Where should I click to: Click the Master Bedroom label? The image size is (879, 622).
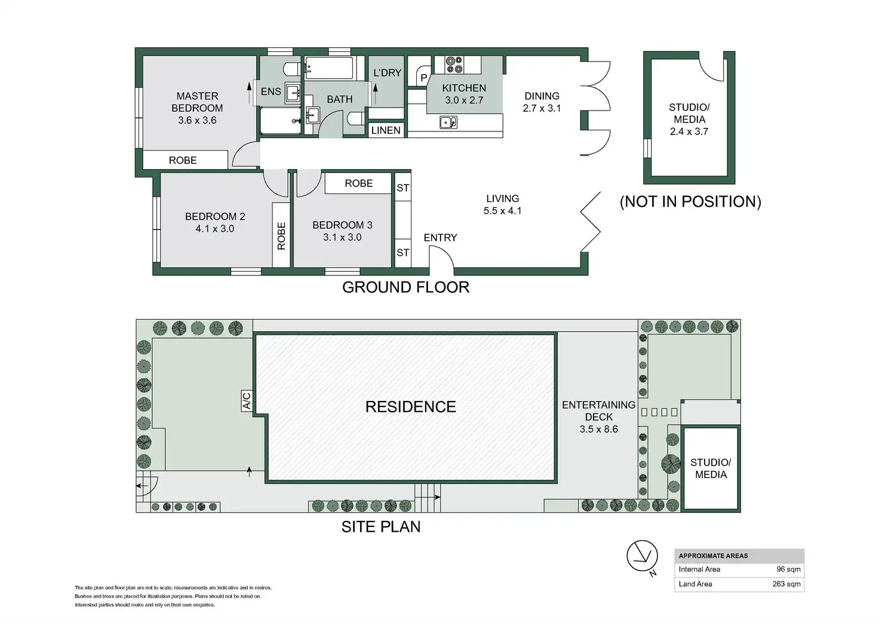coord(197,102)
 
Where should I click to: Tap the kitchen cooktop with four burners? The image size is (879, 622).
coord(454,65)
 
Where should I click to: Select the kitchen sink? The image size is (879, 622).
coord(448,122)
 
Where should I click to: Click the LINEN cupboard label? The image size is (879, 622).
coord(386,130)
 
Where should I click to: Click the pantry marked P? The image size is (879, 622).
coord(424,78)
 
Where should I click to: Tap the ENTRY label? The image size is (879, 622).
coord(440,238)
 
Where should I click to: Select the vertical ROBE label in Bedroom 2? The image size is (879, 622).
coord(281,235)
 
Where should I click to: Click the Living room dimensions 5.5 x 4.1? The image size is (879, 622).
coord(502,211)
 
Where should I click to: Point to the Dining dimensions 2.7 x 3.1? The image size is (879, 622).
coord(542,108)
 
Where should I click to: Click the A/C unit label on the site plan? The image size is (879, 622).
coord(247,401)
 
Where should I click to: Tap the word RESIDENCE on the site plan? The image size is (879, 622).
coord(411,407)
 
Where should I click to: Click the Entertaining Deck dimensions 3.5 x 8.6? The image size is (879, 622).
coord(599,429)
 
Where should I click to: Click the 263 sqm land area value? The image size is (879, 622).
coord(786,584)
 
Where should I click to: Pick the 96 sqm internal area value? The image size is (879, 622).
coord(788,569)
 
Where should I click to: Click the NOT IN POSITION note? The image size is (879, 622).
coord(691,201)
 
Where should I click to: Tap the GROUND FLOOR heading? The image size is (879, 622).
coord(405,287)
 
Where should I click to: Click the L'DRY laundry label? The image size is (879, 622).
coord(388,73)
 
